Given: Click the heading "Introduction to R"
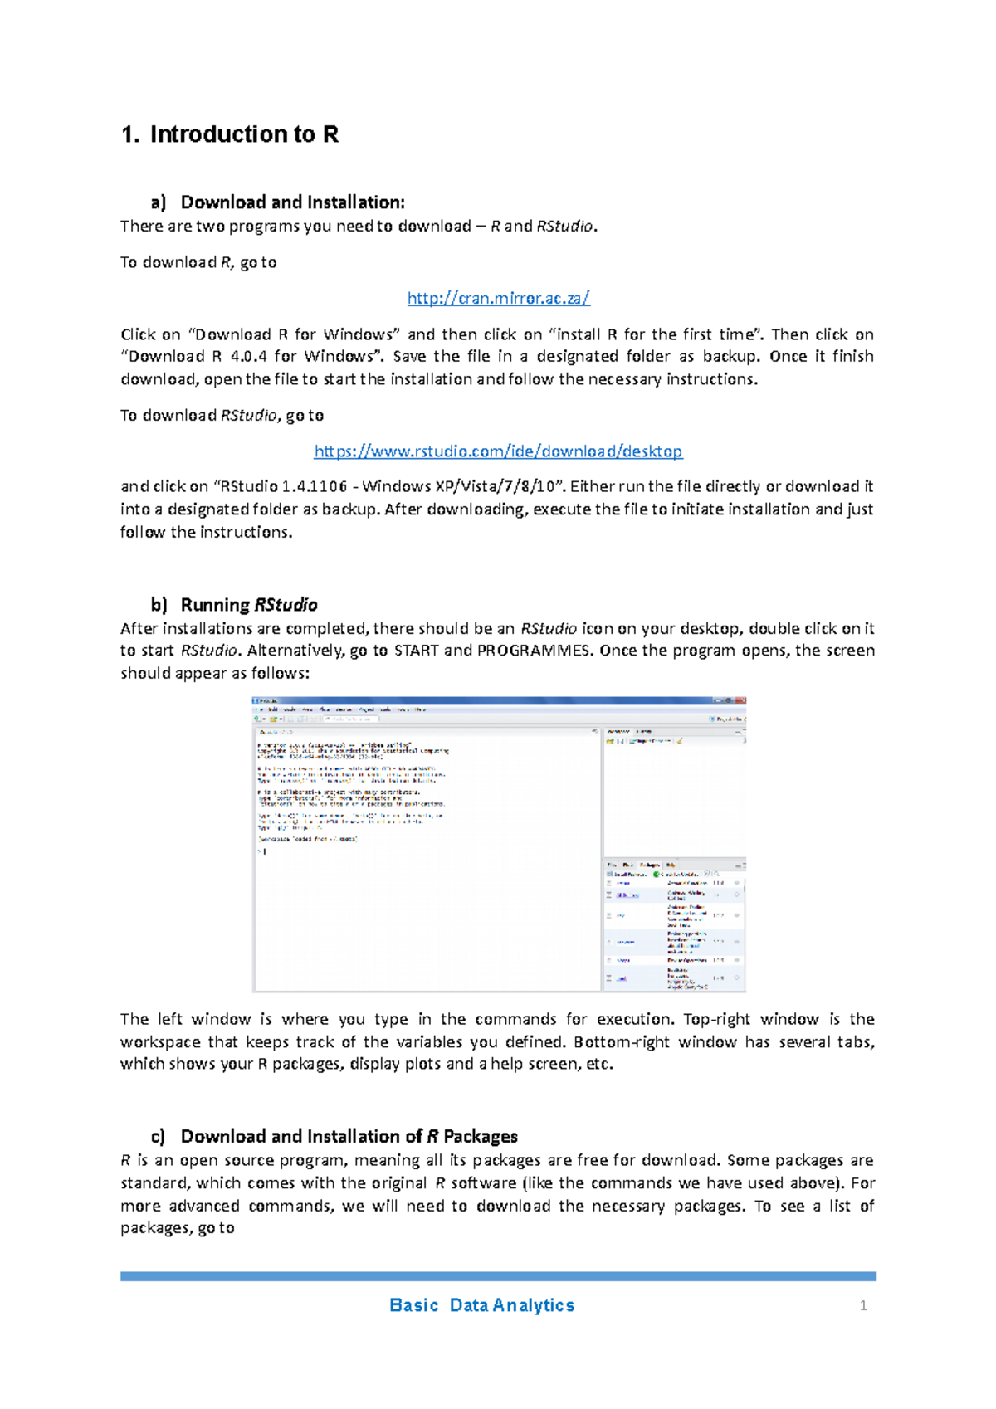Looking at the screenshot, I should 243,134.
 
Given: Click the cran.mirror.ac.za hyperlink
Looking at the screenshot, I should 498,298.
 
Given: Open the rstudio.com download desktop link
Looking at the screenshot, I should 498,451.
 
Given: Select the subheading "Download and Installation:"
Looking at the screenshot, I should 292,202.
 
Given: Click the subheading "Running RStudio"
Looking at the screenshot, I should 248,605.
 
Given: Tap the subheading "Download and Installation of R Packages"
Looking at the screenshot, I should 349,1136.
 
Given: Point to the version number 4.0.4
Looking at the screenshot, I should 250,357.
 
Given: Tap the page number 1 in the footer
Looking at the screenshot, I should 863,1306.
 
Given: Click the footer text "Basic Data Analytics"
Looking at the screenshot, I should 481,1305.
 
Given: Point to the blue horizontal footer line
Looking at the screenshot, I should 498,1276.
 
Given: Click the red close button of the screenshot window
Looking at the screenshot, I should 740,701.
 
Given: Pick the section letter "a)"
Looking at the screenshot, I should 159,202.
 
